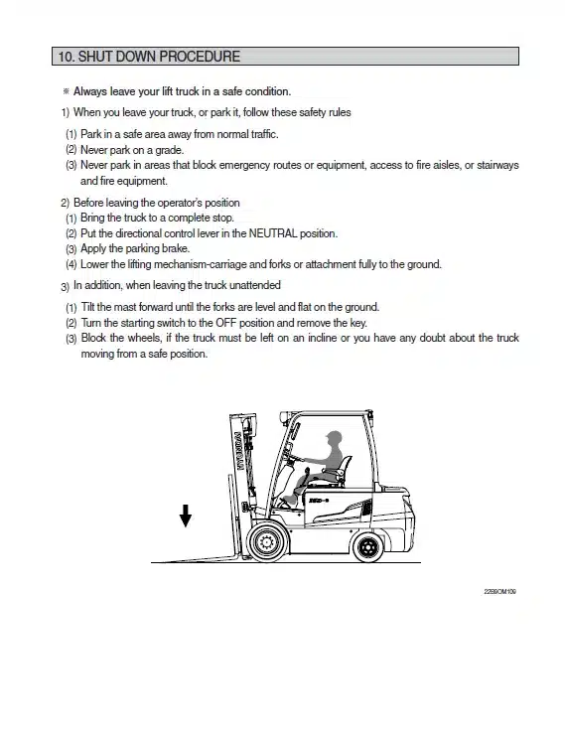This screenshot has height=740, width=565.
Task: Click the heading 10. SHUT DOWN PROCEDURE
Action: click(x=149, y=57)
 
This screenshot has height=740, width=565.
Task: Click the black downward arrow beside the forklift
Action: click(x=186, y=516)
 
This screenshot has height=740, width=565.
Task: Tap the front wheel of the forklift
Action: click(x=266, y=542)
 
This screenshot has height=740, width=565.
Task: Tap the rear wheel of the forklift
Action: click(x=368, y=547)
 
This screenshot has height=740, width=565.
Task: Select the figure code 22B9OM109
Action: click(x=499, y=591)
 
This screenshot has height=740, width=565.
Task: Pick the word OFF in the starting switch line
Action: click(x=226, y=323)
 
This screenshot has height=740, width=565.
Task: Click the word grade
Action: click(x=170, y=151)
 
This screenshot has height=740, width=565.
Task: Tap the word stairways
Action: click(x=497, y=165)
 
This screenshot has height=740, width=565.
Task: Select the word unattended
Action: click(x=254, y=285)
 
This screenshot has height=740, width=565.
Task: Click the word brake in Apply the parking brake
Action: click(x=176, y=248)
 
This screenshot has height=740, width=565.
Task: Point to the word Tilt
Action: click(x=87, y=307)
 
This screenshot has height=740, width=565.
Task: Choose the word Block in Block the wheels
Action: click(x=93, y=338)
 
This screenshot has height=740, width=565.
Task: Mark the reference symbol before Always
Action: click(x=66, y=91)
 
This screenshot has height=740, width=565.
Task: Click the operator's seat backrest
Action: click(x=347, y=467)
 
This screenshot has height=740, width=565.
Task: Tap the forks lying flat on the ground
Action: click(x=198, y=559)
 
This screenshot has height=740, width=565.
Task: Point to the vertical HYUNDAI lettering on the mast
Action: click(x=240, y=451)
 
